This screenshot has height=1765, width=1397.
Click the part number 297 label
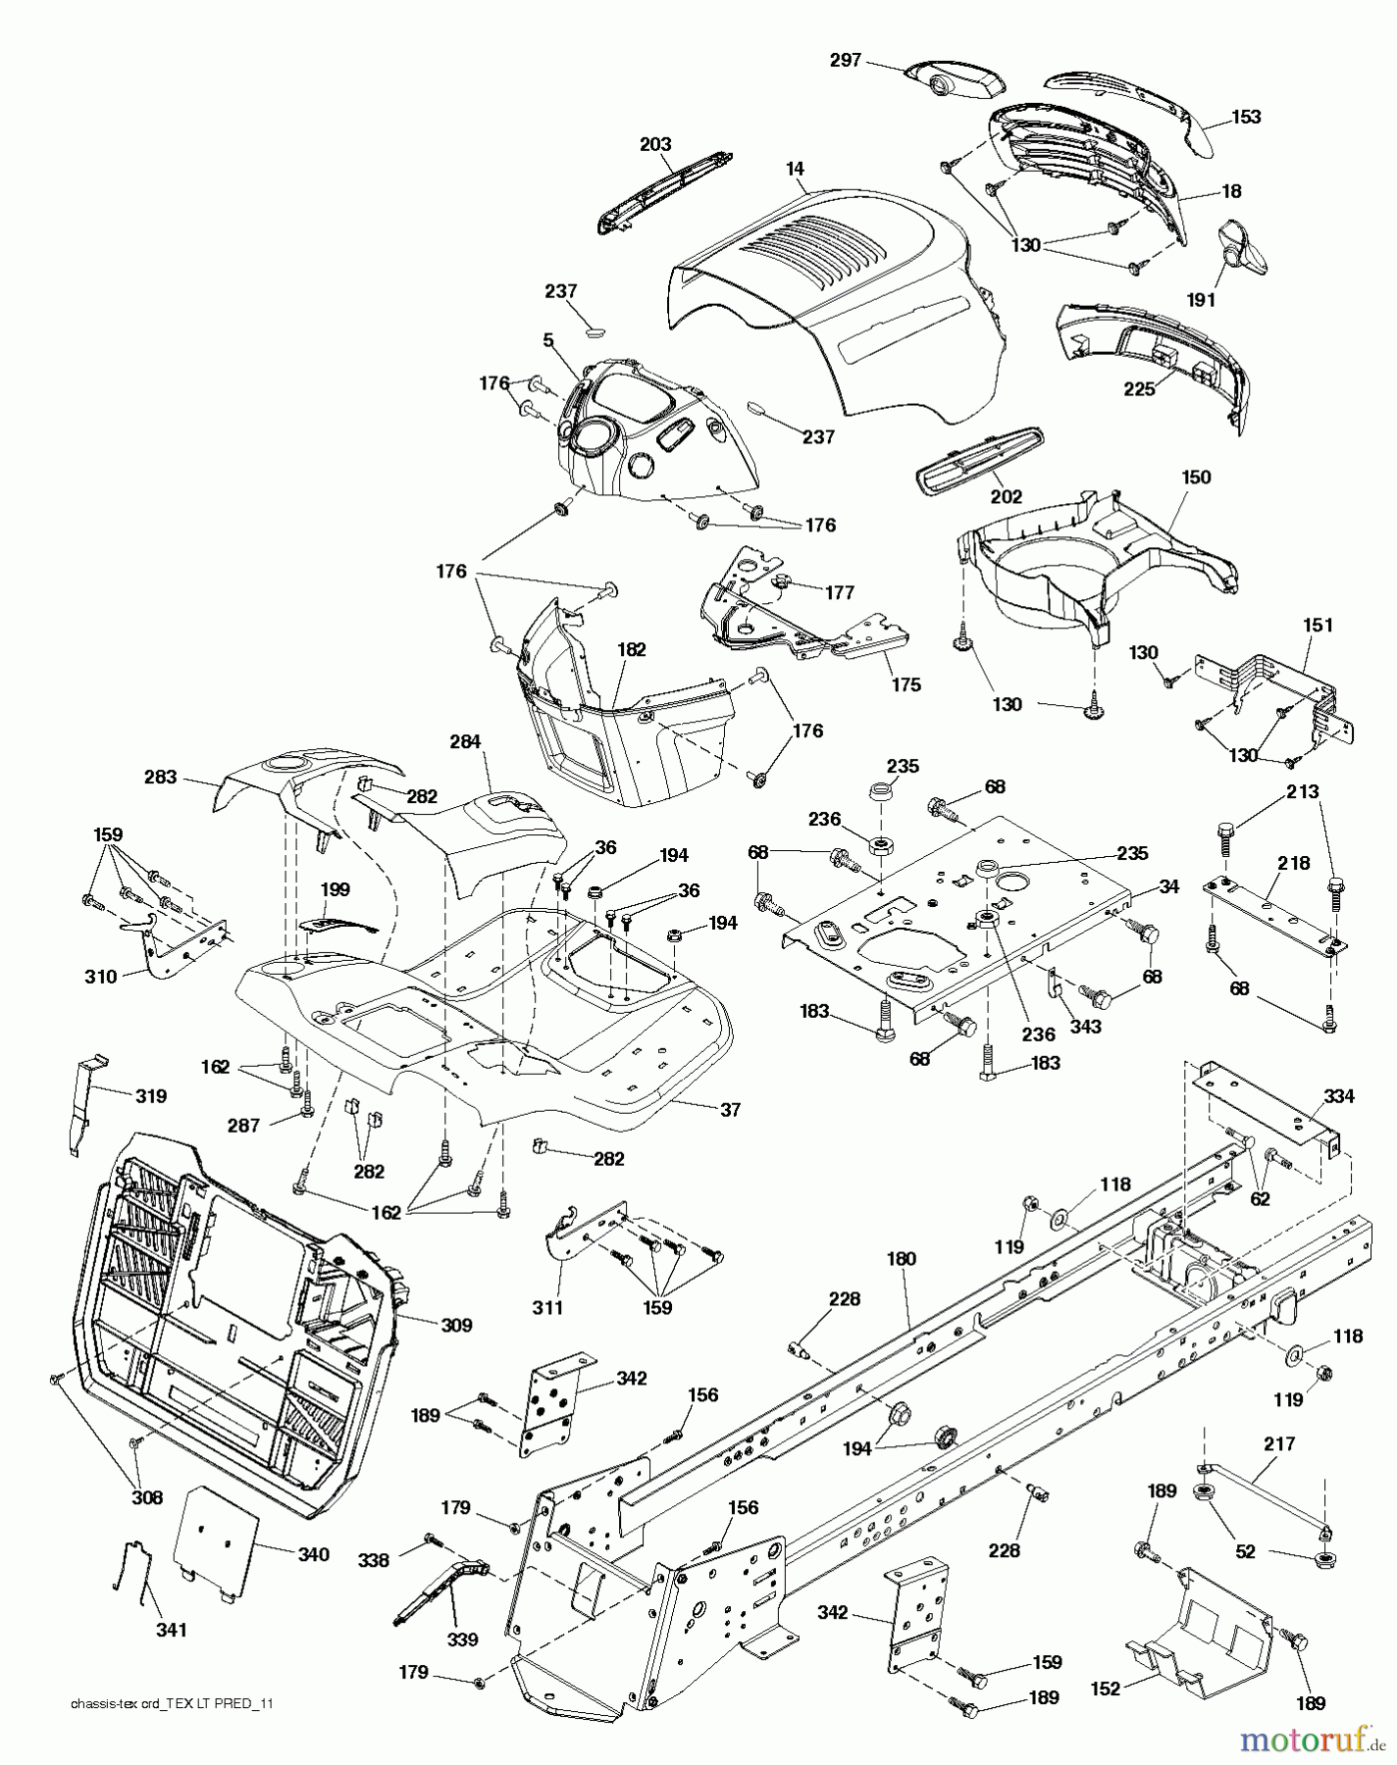845,61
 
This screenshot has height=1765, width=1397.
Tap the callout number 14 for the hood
796,169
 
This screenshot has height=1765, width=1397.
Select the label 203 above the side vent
655,144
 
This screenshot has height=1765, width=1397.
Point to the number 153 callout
1246,117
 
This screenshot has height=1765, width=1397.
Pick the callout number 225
1139,389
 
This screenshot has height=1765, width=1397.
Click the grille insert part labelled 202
981,465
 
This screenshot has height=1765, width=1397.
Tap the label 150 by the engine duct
1196,478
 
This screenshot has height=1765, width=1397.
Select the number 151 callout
1318,625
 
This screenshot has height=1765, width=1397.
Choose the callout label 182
632,649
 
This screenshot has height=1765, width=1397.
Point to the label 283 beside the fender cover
161,777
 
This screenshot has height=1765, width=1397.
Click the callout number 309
455,1325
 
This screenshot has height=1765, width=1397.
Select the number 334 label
1339,1096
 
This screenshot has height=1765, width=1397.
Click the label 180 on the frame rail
901,1259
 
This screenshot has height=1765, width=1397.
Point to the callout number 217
1279,1444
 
